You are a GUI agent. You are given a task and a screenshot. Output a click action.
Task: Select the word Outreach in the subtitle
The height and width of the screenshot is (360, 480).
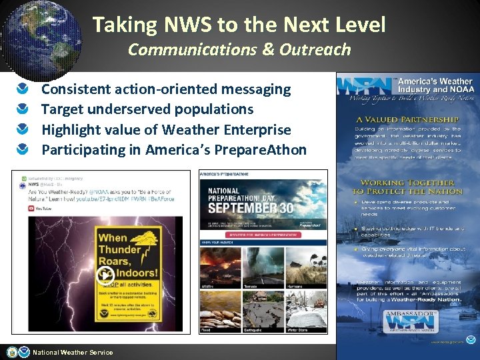(314, 49)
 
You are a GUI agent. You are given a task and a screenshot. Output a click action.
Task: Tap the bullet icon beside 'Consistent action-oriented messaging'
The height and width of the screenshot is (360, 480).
(23, 89)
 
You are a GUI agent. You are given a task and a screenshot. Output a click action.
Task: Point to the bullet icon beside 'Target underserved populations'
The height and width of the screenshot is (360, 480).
(23, 109)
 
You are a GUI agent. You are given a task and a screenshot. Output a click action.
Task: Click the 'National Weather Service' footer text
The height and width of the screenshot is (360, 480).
(73, 353)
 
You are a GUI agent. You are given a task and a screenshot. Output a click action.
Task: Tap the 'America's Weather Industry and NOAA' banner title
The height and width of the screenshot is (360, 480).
(435, 85)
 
